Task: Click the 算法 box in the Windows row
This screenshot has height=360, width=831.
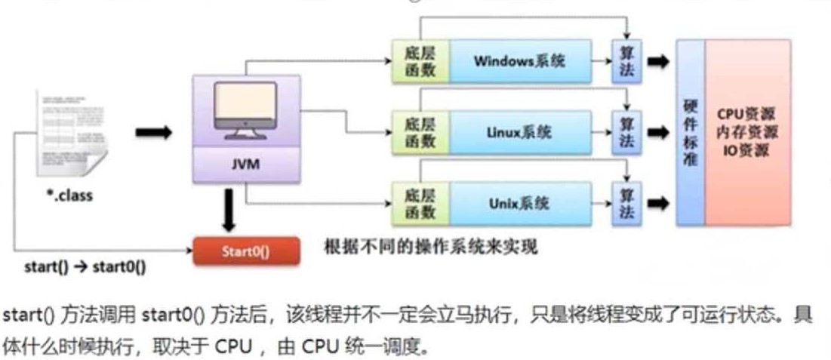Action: pyautogui.click(x=626, y=61)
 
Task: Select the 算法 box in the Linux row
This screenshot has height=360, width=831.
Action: pyautogui.click(x=626, y=133)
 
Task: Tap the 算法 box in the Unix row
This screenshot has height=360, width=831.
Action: pyautogui.click(x=626, y=204)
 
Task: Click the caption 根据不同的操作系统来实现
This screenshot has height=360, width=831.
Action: pyautogui.click(x=431, y=248)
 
